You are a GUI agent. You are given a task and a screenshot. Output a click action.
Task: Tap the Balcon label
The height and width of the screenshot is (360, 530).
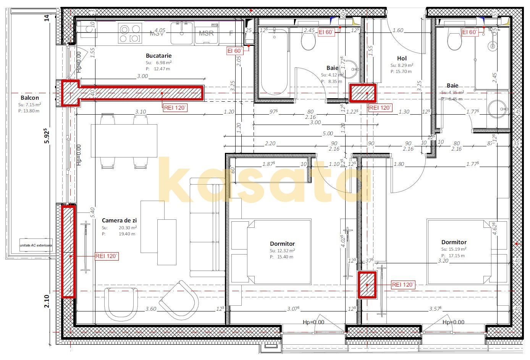point(30,98)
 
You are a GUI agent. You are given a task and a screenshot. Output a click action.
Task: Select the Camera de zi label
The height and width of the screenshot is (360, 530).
point(119,221)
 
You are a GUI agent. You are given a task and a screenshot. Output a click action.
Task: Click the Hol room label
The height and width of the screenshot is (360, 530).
point(402,58)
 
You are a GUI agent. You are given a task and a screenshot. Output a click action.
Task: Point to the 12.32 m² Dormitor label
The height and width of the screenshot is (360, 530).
point(282,244)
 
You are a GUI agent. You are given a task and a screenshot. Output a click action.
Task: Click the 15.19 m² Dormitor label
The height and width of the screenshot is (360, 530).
point(454,242)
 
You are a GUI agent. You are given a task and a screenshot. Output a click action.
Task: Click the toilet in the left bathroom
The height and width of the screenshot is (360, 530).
point(308,41)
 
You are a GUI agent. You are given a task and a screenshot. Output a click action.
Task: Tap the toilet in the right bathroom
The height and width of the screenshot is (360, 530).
point(454,41)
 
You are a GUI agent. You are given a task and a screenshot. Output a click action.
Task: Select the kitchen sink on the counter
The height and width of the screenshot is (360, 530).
point(182,33)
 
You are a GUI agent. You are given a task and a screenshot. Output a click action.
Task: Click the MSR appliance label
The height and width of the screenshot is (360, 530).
point(206,33)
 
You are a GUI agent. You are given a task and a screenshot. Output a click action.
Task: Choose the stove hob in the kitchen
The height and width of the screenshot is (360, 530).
point(130,33)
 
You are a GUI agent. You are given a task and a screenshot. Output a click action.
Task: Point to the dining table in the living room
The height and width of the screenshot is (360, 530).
point(124,141)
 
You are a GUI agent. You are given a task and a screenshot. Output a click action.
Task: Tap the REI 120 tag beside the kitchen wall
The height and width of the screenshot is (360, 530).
point(175,108)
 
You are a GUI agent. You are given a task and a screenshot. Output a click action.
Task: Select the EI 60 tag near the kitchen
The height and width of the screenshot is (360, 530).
point(235,51)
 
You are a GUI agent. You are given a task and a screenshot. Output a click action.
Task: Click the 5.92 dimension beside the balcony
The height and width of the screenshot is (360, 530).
point(47,135)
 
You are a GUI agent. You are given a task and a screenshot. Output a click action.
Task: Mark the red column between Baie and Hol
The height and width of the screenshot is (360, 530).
point(363,93)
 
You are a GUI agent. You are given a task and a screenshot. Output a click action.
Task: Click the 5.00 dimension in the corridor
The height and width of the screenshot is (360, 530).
point(328,134)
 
